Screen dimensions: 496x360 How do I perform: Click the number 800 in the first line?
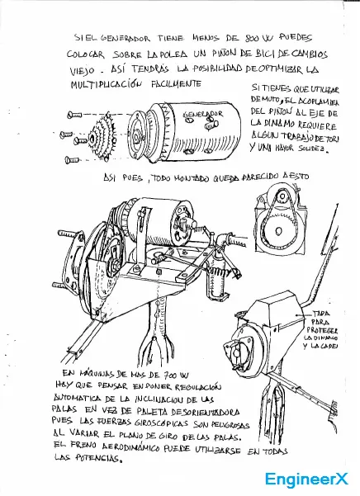253,37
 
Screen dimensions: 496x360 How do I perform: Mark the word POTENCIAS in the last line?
93,463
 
